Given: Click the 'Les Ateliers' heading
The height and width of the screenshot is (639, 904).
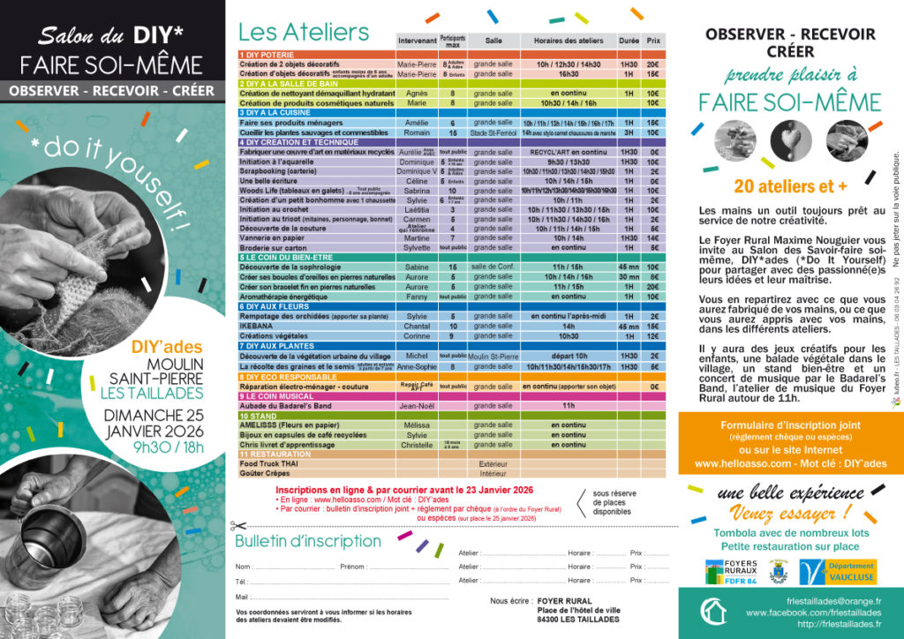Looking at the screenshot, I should click(304, 33).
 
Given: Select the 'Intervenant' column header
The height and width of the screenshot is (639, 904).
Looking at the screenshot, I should click(417, 41).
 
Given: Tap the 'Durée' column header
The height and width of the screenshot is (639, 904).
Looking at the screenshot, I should click(629, 41).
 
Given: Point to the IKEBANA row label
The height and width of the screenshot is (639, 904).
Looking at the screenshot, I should click(257, 327).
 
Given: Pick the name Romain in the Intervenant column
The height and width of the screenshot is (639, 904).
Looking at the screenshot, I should click(417, 132).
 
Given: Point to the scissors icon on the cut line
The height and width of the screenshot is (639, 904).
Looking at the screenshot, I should click(236, 526).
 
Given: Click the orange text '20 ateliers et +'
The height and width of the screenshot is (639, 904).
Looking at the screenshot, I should click(790, 185).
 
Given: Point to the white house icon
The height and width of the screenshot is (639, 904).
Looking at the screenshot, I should click(713, 611).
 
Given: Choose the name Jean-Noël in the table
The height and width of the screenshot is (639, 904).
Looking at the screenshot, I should click(417, 405).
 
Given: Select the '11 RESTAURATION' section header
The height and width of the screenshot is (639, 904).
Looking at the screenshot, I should click(274, 454).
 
